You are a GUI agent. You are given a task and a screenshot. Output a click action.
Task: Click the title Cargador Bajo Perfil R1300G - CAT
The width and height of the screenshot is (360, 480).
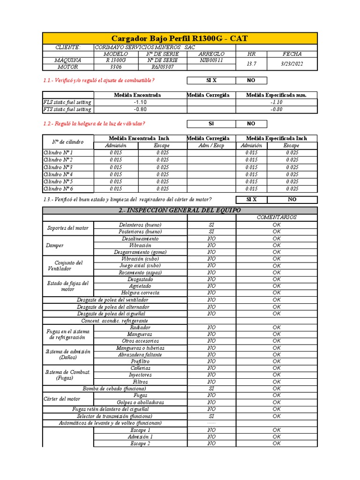tap(180, 38)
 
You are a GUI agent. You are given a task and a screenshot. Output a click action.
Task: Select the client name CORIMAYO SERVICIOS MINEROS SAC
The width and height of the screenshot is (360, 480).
tap(145, 47)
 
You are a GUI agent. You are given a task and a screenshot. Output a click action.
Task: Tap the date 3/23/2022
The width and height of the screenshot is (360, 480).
tap(292, 64)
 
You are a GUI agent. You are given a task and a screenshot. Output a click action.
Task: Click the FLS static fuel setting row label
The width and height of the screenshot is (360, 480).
tap(67, 102)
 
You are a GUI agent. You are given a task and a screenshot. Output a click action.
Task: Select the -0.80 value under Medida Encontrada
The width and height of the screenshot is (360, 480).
tap(140, 109)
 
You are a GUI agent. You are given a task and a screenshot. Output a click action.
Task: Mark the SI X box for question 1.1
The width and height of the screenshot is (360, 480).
tap(211, 81)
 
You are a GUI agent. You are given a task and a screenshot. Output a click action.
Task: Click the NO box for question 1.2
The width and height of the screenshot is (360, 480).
tap(251, 124)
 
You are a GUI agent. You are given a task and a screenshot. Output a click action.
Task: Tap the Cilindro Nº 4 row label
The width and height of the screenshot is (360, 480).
tap(58, 174)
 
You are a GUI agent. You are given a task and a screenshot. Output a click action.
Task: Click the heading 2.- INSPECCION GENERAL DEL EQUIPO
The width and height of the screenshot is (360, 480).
tap(180, 210)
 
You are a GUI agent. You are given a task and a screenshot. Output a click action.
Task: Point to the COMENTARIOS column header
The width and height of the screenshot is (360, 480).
tap(277, 217)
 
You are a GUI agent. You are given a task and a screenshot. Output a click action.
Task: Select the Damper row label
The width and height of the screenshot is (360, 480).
tap(55, 245)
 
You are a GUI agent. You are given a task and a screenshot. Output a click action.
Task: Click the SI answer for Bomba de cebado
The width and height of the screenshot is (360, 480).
tap(211, 389)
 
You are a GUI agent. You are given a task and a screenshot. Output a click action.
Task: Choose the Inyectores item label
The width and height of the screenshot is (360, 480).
tap(140, 375)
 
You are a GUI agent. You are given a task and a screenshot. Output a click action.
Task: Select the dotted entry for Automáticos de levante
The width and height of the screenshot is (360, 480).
tap(211, 423)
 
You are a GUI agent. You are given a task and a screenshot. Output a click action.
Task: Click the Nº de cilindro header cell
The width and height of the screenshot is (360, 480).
tap(68, 142)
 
